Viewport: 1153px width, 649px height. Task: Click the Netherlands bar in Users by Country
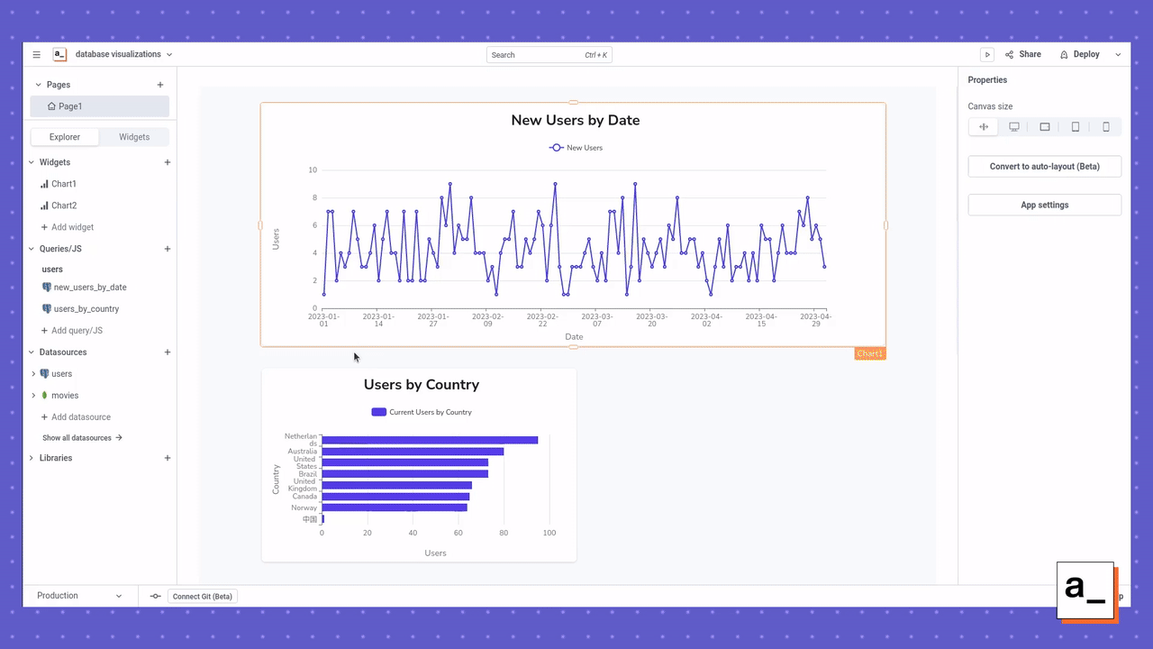pyautogui.click(x=429, y=440)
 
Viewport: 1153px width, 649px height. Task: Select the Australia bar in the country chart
pyautogui.click(x=413, y=452)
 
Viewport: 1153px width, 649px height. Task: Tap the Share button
pyautogui.click(x=1023, y=54)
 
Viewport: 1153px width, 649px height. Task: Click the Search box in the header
pyautogui.click(x=549, y=55)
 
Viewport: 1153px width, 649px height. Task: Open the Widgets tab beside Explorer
pyautogui.click(x=134, y=137)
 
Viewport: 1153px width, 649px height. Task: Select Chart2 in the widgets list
pyautogui.click(x=63, y=206)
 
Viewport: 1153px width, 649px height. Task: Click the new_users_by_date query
pyautogui.click(x=89, y=288)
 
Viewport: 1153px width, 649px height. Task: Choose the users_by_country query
pyautogui.click(x=86, y=309)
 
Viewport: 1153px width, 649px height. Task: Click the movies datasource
pyautogui.click(x=64, y=396)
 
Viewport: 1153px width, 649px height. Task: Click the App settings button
pyautogui.click(x=1044, y=205)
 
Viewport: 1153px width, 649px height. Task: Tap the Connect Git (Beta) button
pyautogui.click(x=202, y=596)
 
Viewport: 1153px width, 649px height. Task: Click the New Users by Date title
pyautogui.click(x=575, y=120)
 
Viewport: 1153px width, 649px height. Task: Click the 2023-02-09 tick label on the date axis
pyautogui.click(x=487, y=320)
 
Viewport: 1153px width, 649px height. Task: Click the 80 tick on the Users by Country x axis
pyautogui.click(x=504, y=533)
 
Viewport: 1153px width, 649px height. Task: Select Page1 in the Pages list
pyautogui.click(x=69, y=106)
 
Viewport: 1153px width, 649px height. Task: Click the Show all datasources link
pyautogui.click(x=82, y=438)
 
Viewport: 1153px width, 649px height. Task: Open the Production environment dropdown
pyautogui.click(x=79, y=596)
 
